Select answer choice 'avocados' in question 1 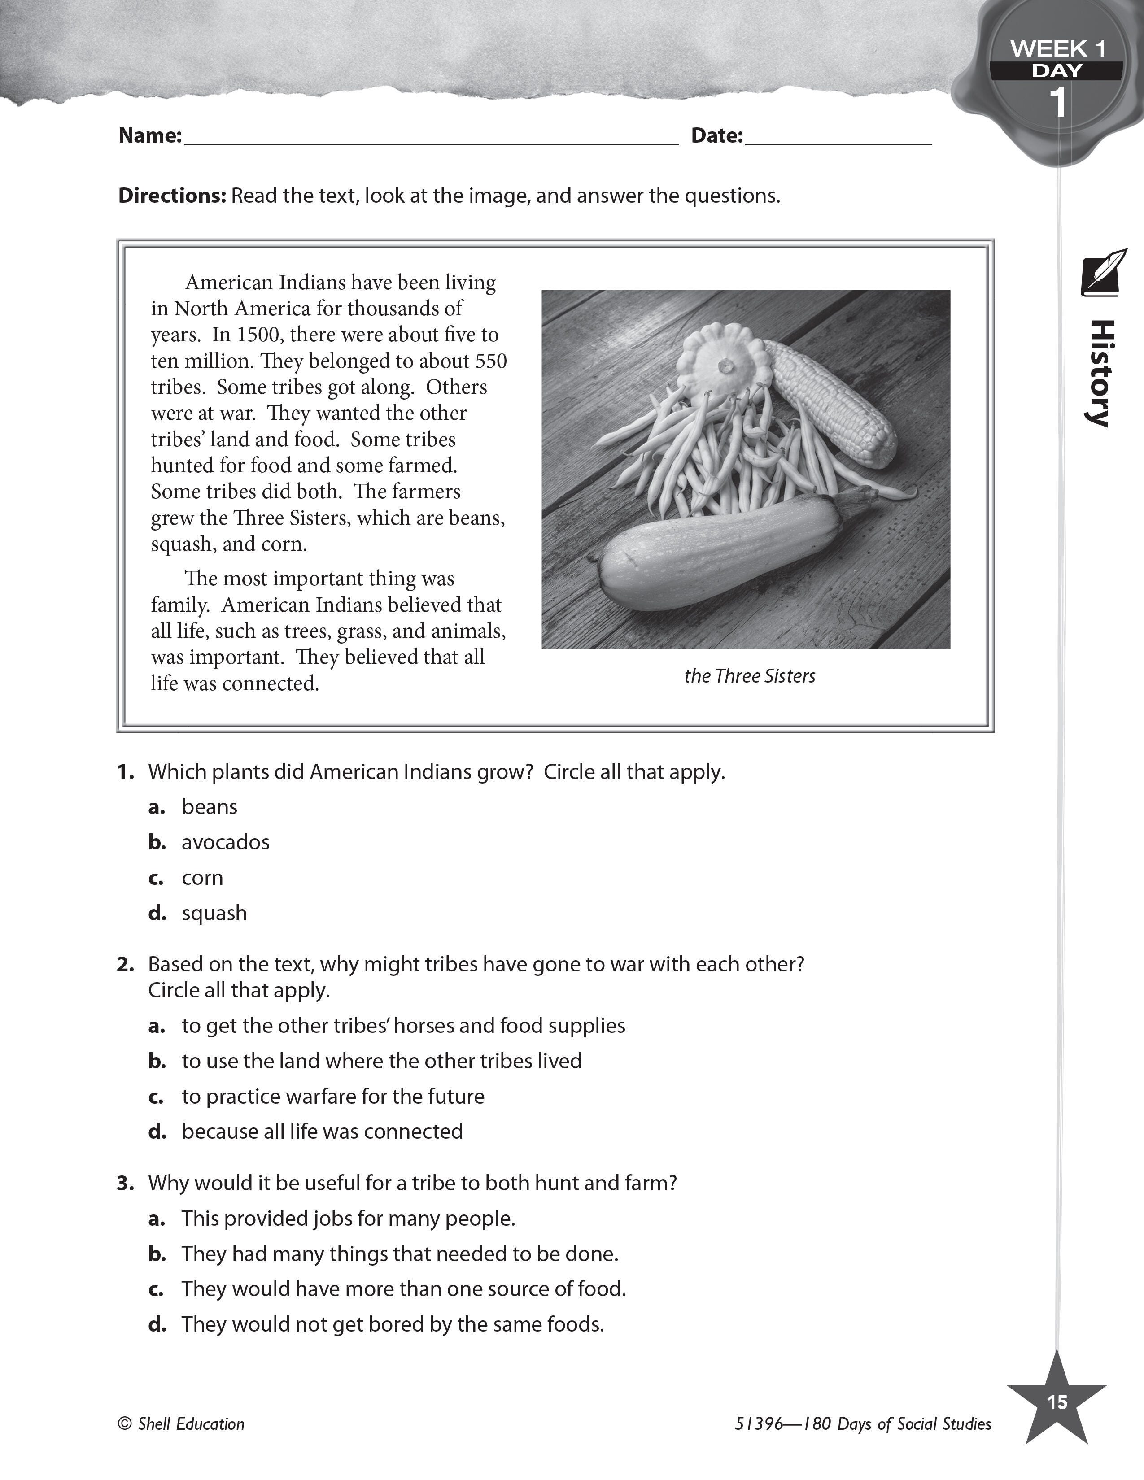(225, 842)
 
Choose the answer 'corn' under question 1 (202, 878)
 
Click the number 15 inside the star (1057, 1402)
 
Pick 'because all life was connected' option (322, 1131)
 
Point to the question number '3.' (125, 1183)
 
